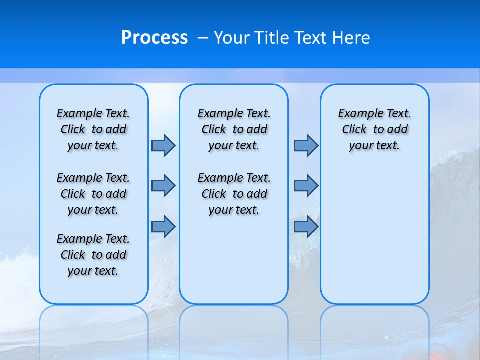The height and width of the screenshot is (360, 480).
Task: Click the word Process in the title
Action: (154, 37)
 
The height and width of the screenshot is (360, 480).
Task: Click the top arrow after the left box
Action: (163, 145)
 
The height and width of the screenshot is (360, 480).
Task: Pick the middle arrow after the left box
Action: (163, 186)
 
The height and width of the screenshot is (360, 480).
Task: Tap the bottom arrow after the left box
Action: (163, 227)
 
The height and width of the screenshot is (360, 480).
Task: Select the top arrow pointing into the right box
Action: (306, 145)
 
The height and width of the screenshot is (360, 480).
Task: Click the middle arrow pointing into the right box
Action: (306, 186)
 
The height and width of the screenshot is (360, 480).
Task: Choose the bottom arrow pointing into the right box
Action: (306, 227)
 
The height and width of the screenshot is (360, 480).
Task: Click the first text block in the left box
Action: (93, 129)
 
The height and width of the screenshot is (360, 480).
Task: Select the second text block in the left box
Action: (93, 194)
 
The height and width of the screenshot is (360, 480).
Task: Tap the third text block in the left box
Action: (93, 255)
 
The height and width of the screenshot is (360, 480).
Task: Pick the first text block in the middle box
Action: (234, 129)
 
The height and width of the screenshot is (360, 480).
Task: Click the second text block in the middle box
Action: (234, 194)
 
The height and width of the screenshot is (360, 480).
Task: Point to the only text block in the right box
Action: (375, 129)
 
